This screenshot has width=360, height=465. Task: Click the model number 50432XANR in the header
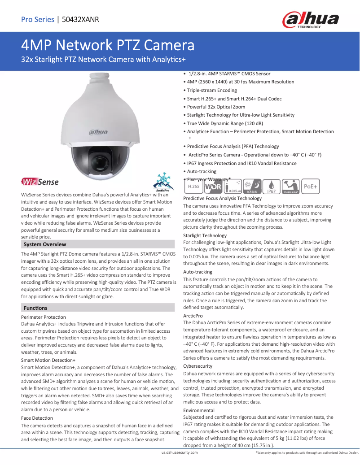point(81,19)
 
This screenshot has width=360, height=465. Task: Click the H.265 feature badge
point(193,186)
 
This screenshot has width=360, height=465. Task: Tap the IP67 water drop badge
point(271,186)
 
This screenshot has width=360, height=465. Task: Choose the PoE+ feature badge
point(311,186)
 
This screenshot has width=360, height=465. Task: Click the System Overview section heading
point(45,244)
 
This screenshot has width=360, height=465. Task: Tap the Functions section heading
point(35,308)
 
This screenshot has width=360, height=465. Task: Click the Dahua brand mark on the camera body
point(98,132)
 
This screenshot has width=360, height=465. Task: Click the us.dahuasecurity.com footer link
point(180,453)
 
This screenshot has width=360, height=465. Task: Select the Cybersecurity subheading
point(198,366)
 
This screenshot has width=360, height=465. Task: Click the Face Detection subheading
point(37,418)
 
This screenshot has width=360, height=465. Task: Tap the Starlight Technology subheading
point(205,235)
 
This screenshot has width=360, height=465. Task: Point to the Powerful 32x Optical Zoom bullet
point(216,107)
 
